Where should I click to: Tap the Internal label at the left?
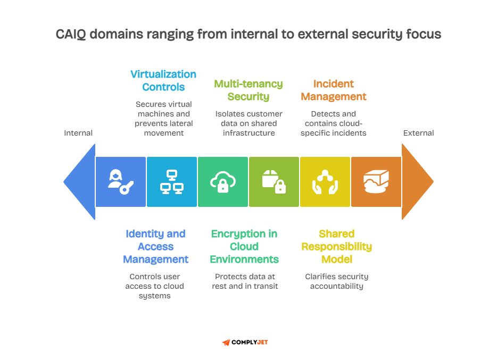click(x=78, y=133)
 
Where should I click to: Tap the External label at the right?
click(x=418, y=133)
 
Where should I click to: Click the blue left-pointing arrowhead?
click(x=80, y=182)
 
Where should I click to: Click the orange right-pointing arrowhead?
click(x=417, y=182)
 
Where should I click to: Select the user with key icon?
click(x=121, y=182)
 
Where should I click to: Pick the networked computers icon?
click(x=172, y=182)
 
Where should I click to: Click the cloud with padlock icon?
click(x=222, y=182)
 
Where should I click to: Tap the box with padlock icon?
click(x=274, y=182)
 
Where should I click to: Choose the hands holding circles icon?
click(x=325, y=182)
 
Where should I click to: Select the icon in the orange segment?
click(x=376, y=182)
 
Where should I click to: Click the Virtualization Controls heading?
click(x=163, y=80)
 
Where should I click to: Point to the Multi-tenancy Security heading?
click(x=248, y=90)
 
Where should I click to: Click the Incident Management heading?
click(x=334, y=90)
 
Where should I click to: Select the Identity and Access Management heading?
click(x=155, y=247)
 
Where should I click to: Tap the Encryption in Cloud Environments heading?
click(x=244, y=247)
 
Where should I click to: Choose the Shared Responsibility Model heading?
click(x=337, y=247)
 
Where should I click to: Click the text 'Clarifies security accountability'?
click(x=337, y=281)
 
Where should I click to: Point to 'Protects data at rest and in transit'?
click(x=245, y=281)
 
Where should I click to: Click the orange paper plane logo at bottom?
click(x=226, y=342)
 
